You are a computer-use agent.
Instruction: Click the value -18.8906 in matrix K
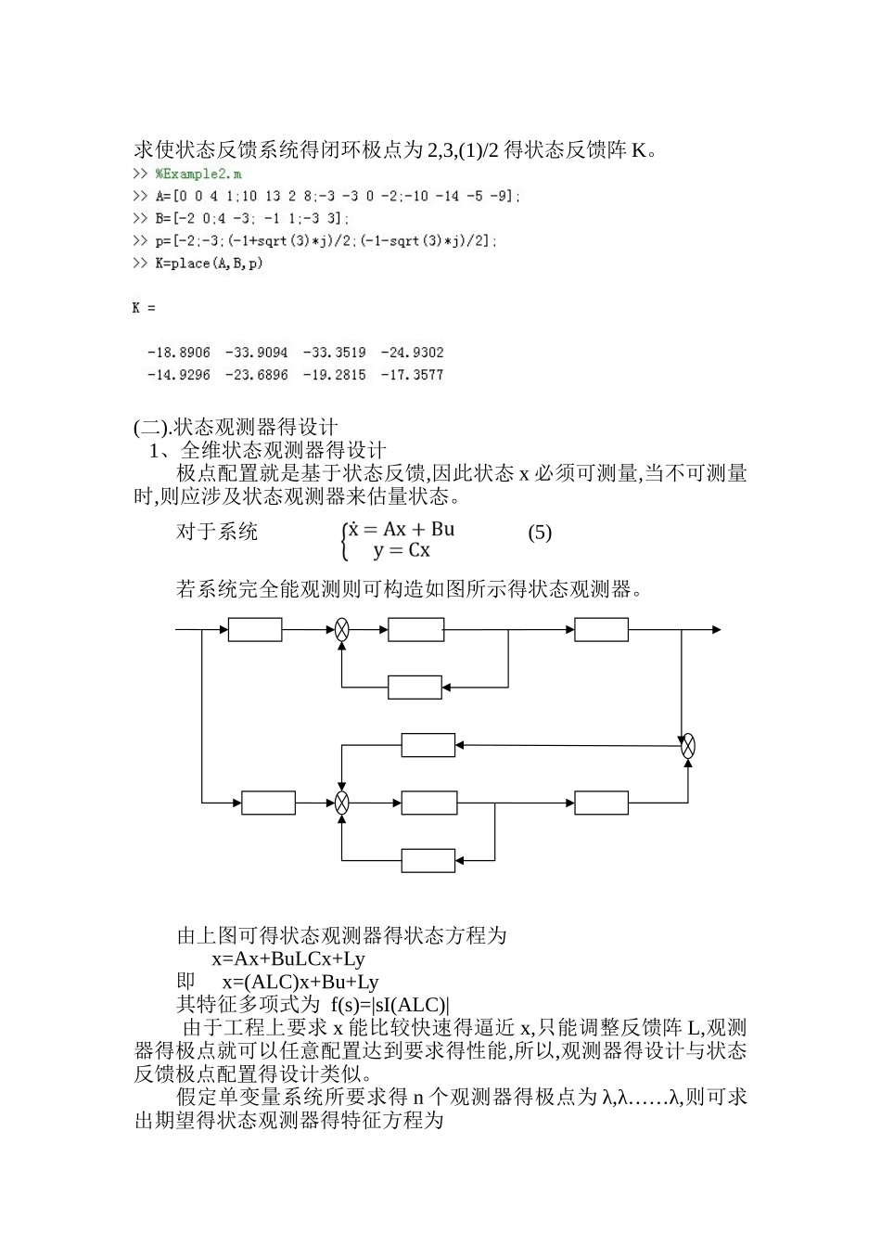click(179, 354)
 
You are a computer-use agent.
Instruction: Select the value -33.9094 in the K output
click(256, 354)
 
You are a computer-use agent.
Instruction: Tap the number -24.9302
click(412, 354)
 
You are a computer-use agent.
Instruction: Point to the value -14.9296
click(179, 376)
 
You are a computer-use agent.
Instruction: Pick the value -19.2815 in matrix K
click(334, 376)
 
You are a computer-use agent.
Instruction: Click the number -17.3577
click(412, 376)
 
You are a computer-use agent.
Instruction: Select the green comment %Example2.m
click(198, 174)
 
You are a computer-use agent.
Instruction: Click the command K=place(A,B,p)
click(209, 264)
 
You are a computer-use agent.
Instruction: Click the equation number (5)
click(540, 533)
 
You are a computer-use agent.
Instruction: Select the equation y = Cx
click(402, 551)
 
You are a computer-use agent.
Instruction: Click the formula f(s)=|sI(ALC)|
click(389, 1005)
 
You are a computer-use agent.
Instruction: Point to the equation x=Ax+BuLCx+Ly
click(288, 959)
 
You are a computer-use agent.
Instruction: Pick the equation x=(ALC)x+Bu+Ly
click(300, 983)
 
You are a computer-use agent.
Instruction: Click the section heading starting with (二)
click(236, 428)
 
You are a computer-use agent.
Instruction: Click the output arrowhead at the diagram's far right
click(716, 630)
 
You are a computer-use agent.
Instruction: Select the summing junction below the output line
click(687, 746)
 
